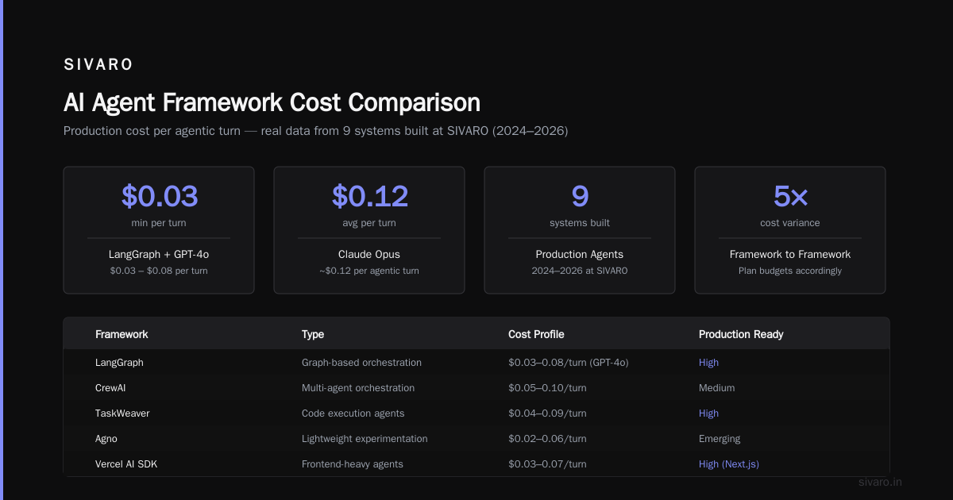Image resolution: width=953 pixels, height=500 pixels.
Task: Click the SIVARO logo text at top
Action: (x=98, y=64)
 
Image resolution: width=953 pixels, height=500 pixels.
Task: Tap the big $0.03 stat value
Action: (x=159, y=196)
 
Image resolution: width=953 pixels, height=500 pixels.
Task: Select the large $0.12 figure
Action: (x=370, y=196)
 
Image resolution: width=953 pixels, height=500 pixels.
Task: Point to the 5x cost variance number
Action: (x=790, y=196)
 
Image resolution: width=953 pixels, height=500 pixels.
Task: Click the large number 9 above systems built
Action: (x=580, y=196)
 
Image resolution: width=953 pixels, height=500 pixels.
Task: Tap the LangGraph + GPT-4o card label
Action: (x=159, y=254)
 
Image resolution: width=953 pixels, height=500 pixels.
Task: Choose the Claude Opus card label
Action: (x=368, y=254)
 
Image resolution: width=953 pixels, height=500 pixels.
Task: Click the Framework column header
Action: (x=122, y=334)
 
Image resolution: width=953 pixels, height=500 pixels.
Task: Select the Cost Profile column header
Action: (x=536, y=334)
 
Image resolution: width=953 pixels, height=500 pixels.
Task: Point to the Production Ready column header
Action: (x=741, y=334)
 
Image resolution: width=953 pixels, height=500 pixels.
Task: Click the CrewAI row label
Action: (x=110, y=388)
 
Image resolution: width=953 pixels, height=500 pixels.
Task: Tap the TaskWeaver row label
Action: (x=122, y=413)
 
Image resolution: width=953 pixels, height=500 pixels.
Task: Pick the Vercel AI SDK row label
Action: (x=126, y=463)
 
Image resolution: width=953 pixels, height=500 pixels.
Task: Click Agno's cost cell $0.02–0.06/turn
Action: (x=547, y=439)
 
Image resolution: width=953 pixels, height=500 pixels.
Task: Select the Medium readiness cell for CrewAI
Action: (x=716, y=388)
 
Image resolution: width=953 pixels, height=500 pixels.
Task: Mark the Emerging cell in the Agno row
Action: (x=720, y=439)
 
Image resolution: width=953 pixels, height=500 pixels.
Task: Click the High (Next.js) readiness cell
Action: (x=729, y=463)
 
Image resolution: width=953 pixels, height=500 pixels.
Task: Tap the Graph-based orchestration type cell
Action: (x=361, y=362)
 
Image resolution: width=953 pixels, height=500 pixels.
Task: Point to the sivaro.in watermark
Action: (x=880, y=482)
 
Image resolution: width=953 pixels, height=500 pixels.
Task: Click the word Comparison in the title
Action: (x=414, y=102)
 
